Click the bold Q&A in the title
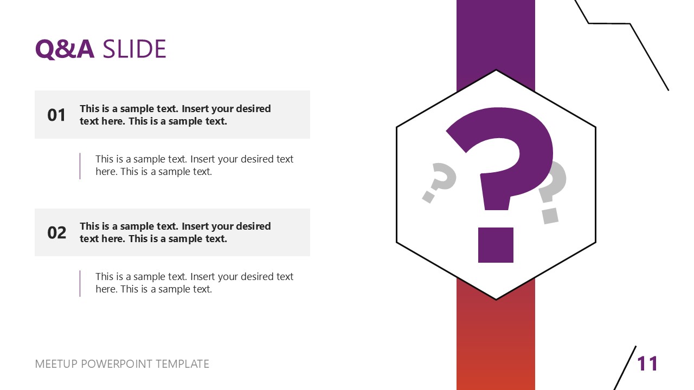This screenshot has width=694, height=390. click(65, 49)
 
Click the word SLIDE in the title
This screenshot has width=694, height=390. click(134, 49)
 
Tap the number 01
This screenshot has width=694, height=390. click(56, 115)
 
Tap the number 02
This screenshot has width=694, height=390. click(56, 232)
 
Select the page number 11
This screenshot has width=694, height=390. click(647, 363)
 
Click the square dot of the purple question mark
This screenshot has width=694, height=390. click(496, 245)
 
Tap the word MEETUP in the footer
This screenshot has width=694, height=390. click(56, 364)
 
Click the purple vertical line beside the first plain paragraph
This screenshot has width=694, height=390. click(80, 166)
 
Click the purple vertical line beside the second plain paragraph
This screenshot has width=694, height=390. click(80, 283)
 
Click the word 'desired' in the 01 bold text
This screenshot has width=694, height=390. click(253, 108)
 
